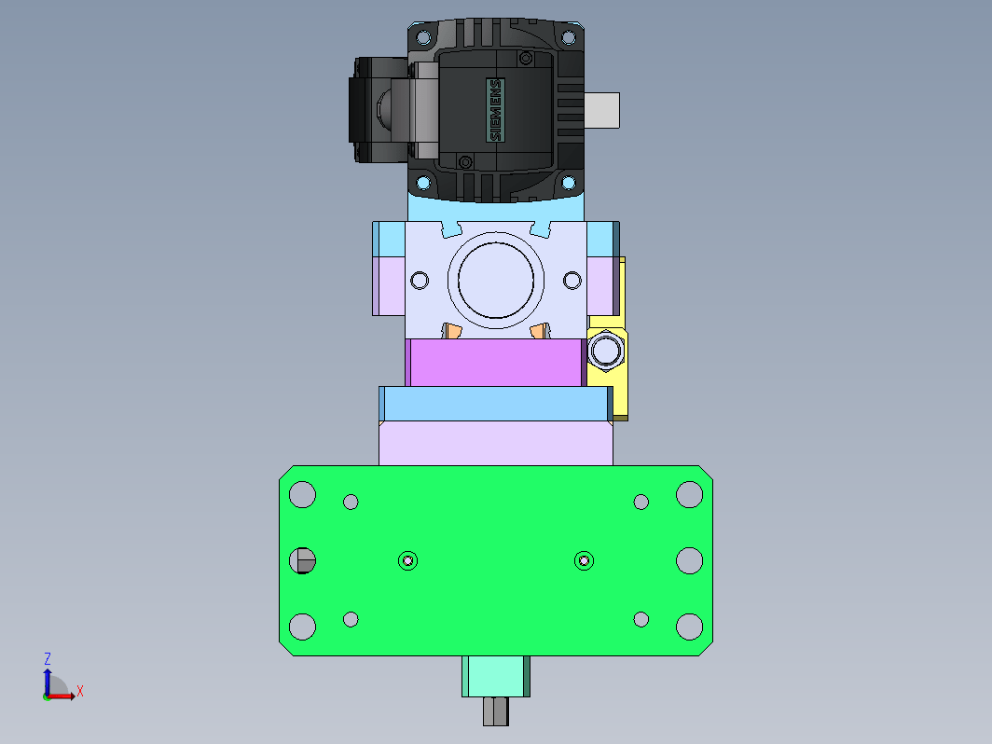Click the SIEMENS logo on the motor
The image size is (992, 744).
pyautogui.click(x=495, y=110)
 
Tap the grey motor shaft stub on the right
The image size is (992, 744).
pyautogui.click(x=601, y=110)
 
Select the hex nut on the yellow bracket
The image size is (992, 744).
pyautogui.click(x=606, y=350)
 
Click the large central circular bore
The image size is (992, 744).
pyautogui.click(x=496, y=281)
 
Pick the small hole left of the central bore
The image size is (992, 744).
pyautogui.click(x=420, y=281)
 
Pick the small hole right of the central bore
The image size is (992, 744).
pyautogui.click(x=572, y=281)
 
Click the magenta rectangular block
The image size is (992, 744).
pyautogui.click(x=496, y=363)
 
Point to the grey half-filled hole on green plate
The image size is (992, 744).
pyautogui.click(x=302, y=560)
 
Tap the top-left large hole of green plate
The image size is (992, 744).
pyautogui.click(x=302, y=494)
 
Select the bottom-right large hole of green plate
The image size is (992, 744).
pyautogui.click(x=690, y=627)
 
